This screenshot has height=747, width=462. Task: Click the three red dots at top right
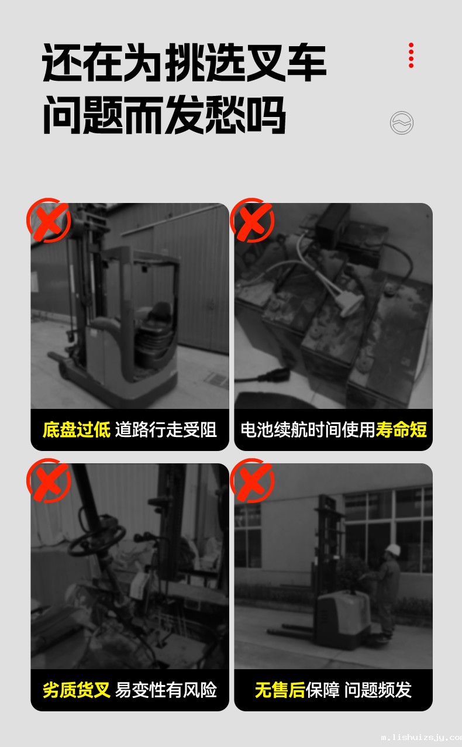(411, 56)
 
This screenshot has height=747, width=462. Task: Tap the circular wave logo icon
(402, 123)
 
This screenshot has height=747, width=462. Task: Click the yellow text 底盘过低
(77, 429)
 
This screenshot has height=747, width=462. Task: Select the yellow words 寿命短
(401, 429)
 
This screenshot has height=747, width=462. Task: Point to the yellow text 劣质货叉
(77, 690)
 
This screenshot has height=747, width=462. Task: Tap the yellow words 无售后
(280, 690)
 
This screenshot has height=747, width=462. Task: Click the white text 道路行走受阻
(166, 429)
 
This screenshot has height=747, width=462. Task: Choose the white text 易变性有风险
(166, 690)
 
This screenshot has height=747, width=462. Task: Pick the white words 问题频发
(378, 690)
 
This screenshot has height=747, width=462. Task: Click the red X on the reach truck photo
(49, 220)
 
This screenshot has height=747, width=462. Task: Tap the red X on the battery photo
(252, 220)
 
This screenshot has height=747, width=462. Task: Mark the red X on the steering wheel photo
(49, 480)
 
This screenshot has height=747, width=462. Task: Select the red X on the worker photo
(252, 480)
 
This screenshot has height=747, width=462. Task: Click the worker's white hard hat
(393, 550)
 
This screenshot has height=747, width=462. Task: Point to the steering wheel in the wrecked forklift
(96, 541)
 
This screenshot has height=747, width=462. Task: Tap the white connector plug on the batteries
(350, 304)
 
